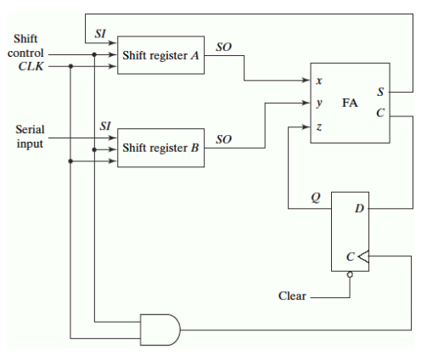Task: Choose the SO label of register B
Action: [x=224, y=138]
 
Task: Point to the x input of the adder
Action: [x=318, y=82]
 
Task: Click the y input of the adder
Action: [x=318, y=103]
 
